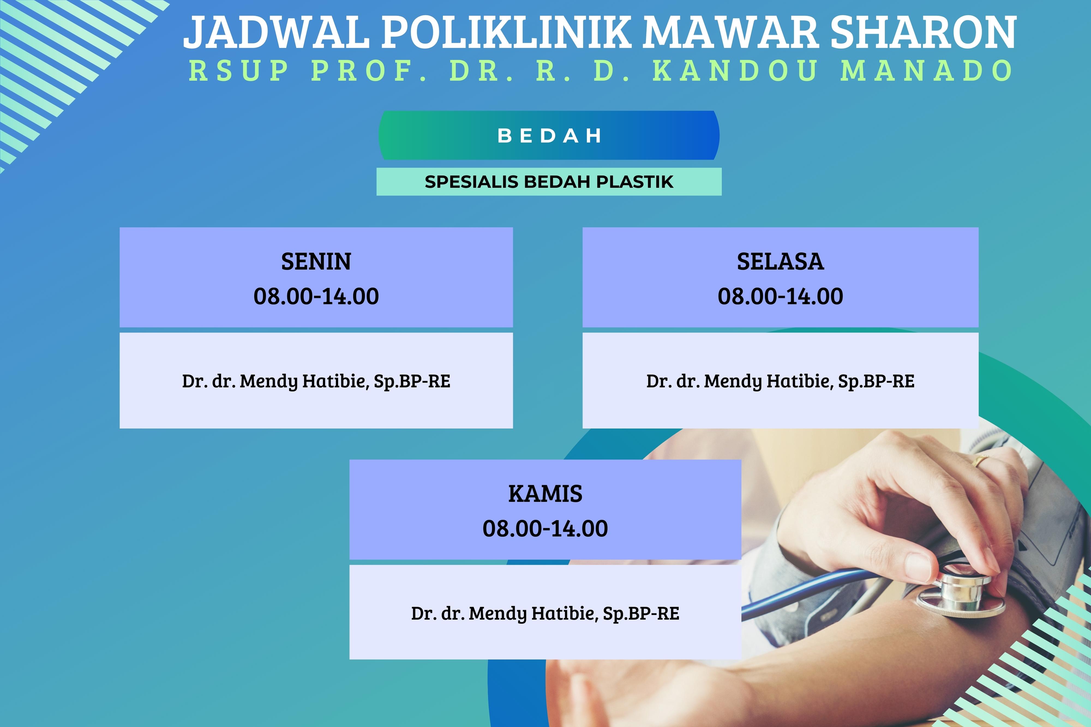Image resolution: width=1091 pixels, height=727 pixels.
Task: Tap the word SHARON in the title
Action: (923, 32)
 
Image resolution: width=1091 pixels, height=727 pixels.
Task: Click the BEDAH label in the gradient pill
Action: (549, 136)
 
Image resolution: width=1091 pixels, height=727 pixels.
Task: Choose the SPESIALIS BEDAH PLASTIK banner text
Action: (549, 182)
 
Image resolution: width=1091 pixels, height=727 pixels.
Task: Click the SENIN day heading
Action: (316, 262)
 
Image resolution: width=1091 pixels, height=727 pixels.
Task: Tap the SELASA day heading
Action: (780, 262)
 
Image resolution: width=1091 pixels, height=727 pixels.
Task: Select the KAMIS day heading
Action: (545, 494)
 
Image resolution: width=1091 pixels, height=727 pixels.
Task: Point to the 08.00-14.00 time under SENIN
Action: (316, 296)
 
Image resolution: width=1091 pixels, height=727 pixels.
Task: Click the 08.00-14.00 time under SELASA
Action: (780, 296)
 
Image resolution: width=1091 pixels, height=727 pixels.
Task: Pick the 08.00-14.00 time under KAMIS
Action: (545, 528)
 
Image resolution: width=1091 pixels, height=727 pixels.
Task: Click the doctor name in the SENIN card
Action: (316, 381)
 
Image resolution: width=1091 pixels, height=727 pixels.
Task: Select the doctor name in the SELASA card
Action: (780, 381)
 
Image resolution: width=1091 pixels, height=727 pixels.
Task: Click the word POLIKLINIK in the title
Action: (506, 32)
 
